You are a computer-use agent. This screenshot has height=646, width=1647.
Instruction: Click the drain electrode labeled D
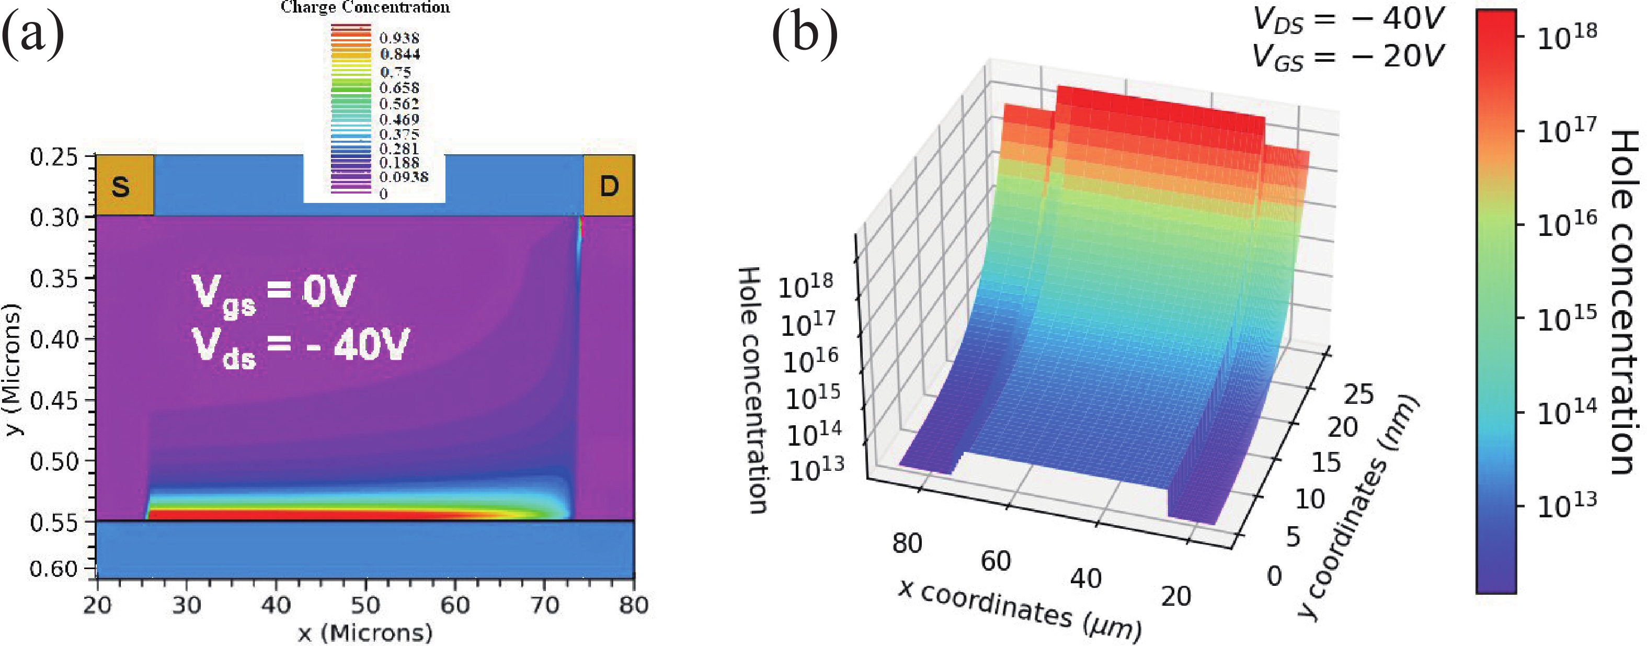pos(608,186)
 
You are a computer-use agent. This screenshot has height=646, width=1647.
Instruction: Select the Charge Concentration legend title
pos(365,8)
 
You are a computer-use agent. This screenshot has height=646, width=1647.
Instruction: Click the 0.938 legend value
pos(399,38)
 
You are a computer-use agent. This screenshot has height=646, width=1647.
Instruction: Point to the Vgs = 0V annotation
pos(273,293)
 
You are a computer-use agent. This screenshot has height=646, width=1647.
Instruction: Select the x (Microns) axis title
pos(365,632)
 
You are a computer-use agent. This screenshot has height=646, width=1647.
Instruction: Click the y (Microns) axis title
pos(13,370)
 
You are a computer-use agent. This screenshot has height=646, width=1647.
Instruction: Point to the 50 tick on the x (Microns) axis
pos(365,605)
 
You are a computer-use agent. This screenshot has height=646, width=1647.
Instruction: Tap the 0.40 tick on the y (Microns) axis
pos(54,339)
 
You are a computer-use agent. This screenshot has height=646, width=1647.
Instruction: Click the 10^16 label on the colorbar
pos(1566,224)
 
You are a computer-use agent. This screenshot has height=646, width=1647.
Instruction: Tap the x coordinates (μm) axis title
pos(1020,611)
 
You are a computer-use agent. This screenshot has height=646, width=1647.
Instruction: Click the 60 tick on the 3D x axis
pos(996,561)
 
